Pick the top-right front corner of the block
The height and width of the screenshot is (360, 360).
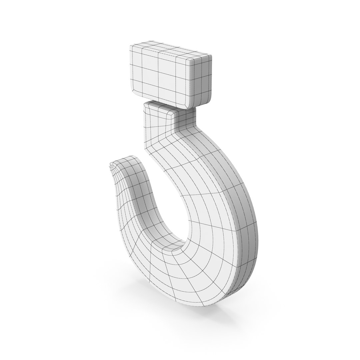(192, 60)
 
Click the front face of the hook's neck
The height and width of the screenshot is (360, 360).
(157, 133)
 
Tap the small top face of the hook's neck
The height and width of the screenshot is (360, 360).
(158, 106)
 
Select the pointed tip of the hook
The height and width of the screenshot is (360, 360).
(110, 165)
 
